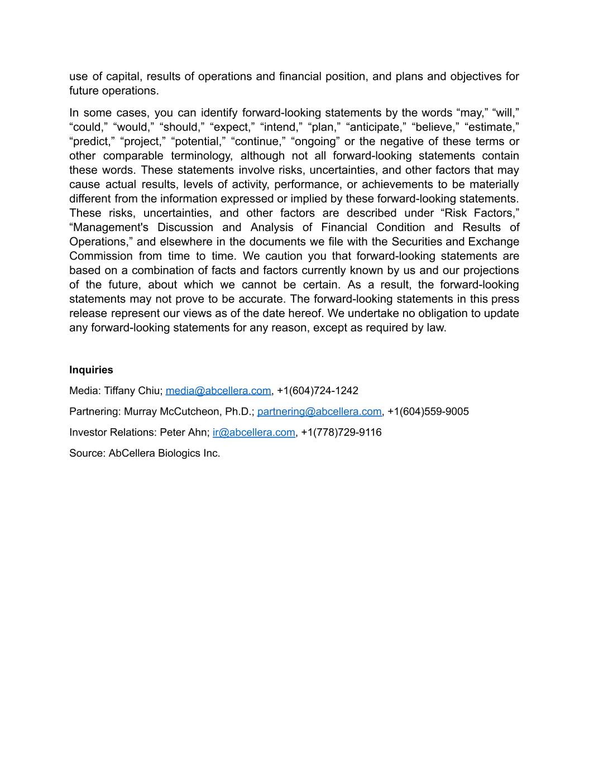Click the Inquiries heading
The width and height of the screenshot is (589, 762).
coord(91,370)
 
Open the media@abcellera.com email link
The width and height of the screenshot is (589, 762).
coord(218,391)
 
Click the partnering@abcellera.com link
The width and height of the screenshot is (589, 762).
coord(319,411)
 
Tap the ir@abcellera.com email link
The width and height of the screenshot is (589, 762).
coord(253,432)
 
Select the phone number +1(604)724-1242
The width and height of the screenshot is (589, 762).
coord(317,391)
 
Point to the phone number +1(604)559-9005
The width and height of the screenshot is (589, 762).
coord(428,411)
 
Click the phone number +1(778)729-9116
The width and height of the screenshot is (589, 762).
coord(341,432)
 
